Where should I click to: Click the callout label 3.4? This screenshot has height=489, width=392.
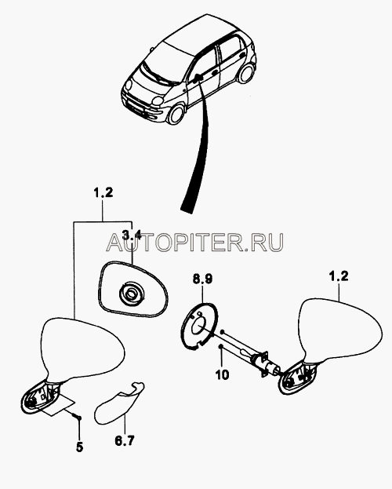pyautogui.click(x=132, y=235)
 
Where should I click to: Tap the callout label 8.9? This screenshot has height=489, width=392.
pyautogui.click(x=202, y=279)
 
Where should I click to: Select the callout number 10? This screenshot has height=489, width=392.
pyautogui.click(x=222, y=374)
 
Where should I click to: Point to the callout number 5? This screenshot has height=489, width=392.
pyautogui.click(x=79, y=447)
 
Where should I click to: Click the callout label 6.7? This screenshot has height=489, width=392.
pyautogui.click(x=125, y=440)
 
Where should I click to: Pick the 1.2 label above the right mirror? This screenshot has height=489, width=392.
pyautogui.click(x=338, y=276)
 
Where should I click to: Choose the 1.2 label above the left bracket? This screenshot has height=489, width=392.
pyautogui.click(x=103, y=193)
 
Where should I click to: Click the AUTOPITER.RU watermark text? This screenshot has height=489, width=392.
pyautogui.click(x=195, y=243)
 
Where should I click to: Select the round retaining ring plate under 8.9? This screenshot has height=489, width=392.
pyautogui.click(x=199, y=326)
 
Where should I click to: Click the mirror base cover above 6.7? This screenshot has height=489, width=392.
pyautogui.click(x=118, y=404)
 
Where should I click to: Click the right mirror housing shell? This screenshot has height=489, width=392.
pyautogui.click(x=339, y=330)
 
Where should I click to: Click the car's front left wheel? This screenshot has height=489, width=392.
pyautogui.click(x=176, y=114)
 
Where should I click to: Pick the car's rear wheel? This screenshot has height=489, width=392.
pyautogui.click(x=245, y=74)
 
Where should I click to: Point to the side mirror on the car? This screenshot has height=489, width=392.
pyautogui.click(x=197, y=77)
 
